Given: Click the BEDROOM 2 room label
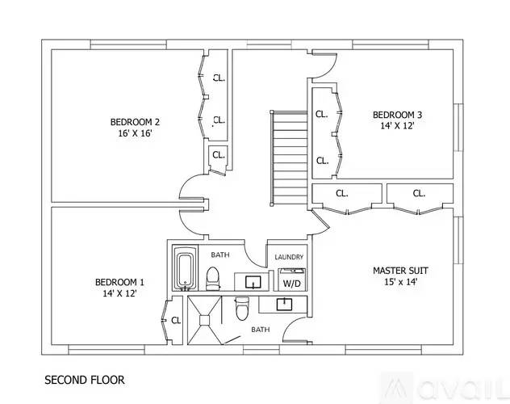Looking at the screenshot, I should click(135, 122).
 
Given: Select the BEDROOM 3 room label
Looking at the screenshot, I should click(396, 114).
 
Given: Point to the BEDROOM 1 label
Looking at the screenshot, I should click(119, 282).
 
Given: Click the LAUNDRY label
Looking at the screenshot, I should click(288, 257).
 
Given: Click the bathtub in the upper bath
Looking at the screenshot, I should click(183, 270).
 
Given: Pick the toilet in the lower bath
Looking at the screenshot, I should click(240, 309).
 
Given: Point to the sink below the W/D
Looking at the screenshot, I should click(284, 304).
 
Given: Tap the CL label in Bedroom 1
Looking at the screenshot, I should click(176, 321).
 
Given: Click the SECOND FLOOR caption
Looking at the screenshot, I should click(84, 378).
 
